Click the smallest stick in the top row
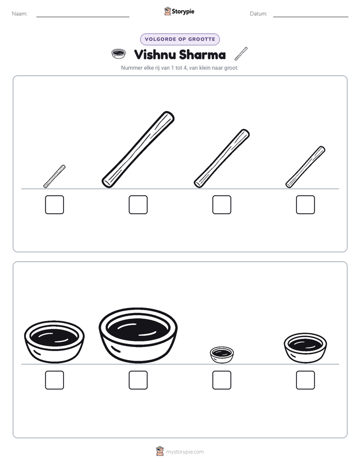pyautogui.click(x=54, y=176)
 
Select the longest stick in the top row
pyautogui.click(x=138, y=149)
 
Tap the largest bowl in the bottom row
pyautogui.click(x=138, y=335)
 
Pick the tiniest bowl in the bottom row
pyautogui.click(x=222, y=355)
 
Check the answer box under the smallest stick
pyautogui.click(x=54, y=204)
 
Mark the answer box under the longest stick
pyautogui.click(x=138, y=204)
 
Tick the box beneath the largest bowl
pyautogui.click(x=138, y=380)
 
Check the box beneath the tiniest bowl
pyautogui.click(x=222, y=380)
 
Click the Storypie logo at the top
pyautogui.click(x=179, y=11)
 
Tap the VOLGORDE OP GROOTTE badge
pyautogui.click(x=180, y=39)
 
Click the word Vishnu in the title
pyautogui.click(x=155, y=54)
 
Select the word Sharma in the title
pyautogui.click(x=203, y=54)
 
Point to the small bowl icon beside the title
pyautogui.click(x=118, y=54)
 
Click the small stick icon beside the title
pyautogui.click(x=241, y=53)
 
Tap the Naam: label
pyautogui.click(x=20, y=14)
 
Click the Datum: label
pyautogui.click(x=259, y=14)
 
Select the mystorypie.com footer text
pyautogui.click(x=185, y=452)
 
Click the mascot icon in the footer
pyautogui.click(x=160, y=451)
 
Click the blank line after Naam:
pyautogui.click(x=83, y=17)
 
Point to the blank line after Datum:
pyautogui.click(x=311, y=17)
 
